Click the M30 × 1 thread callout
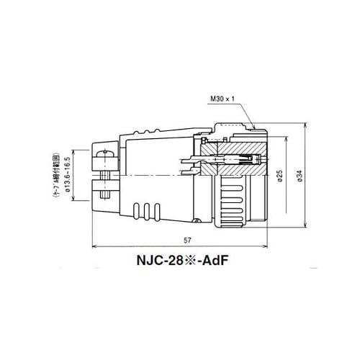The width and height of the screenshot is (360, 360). click(225, 99)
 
